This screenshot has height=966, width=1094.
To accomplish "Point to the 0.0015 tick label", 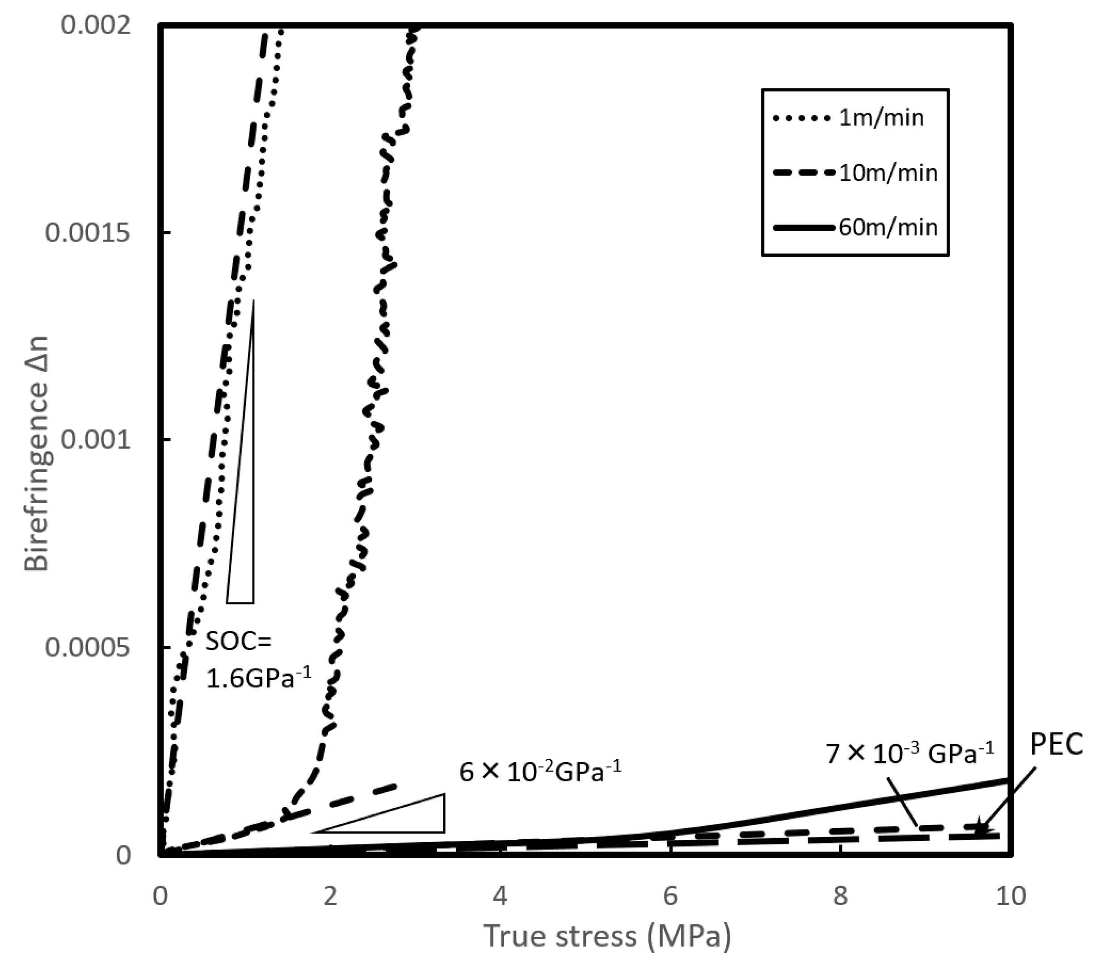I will [x=88, y=233].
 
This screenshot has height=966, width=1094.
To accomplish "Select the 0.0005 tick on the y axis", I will [x=88, y=648].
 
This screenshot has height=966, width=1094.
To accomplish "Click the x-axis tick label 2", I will [x=330, y=896].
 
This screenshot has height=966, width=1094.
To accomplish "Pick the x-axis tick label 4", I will [x=500, y=896].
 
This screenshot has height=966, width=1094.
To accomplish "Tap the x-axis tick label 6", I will [x=671, y=896].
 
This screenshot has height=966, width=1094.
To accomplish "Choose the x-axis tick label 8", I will [x=840, y=896].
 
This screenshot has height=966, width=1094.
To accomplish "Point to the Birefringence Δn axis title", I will [x=38, y=454].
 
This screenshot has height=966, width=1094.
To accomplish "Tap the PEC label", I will [x=1056, y=744].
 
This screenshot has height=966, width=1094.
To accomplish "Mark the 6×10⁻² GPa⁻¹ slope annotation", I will [x=541, y=772].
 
